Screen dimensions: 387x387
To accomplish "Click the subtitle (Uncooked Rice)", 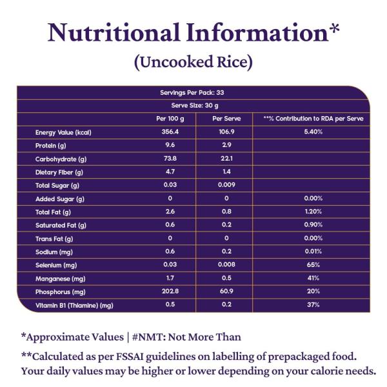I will tap(193, 63).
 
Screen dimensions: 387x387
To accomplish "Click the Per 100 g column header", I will tap(170, 119).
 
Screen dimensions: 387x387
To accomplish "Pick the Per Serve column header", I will tap(226, 119).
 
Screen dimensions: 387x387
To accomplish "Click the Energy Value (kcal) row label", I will tap(63, 132).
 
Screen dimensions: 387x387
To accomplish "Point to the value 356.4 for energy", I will tap(170, 132).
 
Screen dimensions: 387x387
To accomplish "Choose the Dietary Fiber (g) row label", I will tap(59, 172).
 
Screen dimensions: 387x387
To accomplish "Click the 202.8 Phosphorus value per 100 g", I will tap(170, 292).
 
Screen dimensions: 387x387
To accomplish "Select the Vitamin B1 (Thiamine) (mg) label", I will tap(74, 305).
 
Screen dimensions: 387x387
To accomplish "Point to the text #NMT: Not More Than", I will tap(186, 337).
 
